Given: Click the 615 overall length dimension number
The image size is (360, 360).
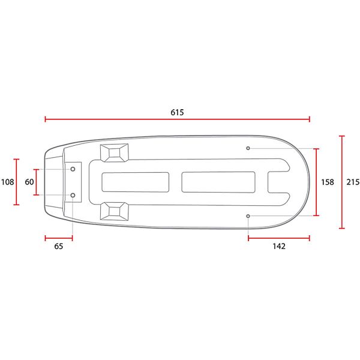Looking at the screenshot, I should pos(177,112).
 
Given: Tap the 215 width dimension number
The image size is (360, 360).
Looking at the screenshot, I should pos(353,182).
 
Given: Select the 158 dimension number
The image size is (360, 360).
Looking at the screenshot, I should pos(327,182).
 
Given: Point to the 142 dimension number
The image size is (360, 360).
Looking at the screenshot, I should pos(278,246).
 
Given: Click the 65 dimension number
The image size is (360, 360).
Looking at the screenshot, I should pos(58,246).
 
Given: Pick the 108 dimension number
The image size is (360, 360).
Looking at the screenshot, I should pos(7,182).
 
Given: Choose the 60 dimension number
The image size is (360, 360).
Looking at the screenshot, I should pos(29,182).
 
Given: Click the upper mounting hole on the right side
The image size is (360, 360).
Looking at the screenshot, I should pos(248,148).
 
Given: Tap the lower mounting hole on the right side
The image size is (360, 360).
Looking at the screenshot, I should pos(248,215).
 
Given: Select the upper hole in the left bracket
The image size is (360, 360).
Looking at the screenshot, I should pos(73,170).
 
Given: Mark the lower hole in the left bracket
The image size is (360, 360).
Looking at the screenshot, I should pos(73,195).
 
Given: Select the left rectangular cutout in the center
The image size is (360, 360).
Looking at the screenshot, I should pos(135,182).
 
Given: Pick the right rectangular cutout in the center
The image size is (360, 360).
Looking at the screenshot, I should pos(218,182).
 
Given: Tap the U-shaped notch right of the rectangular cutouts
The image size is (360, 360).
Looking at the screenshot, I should pos(277,182).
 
